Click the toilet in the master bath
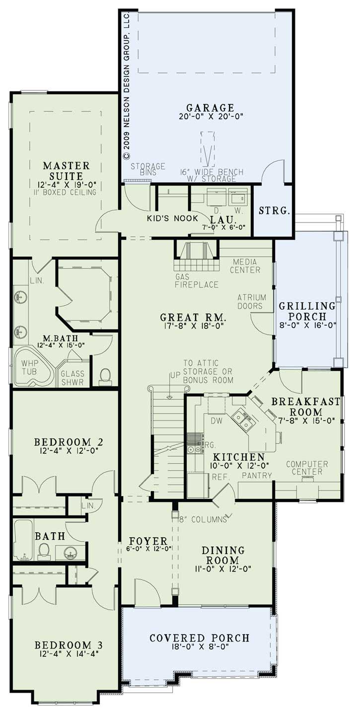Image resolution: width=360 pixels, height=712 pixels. click(105, 377)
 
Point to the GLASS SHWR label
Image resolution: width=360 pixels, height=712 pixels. click(72, 378)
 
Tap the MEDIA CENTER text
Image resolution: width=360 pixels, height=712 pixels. click(246, 266)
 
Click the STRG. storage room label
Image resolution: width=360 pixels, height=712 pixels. click(274, 211)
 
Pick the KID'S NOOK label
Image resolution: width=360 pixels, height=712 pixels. click(172, 218)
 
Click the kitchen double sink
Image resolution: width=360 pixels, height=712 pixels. click(242, 421)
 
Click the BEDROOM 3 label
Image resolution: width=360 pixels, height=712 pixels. click(69, 645)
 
